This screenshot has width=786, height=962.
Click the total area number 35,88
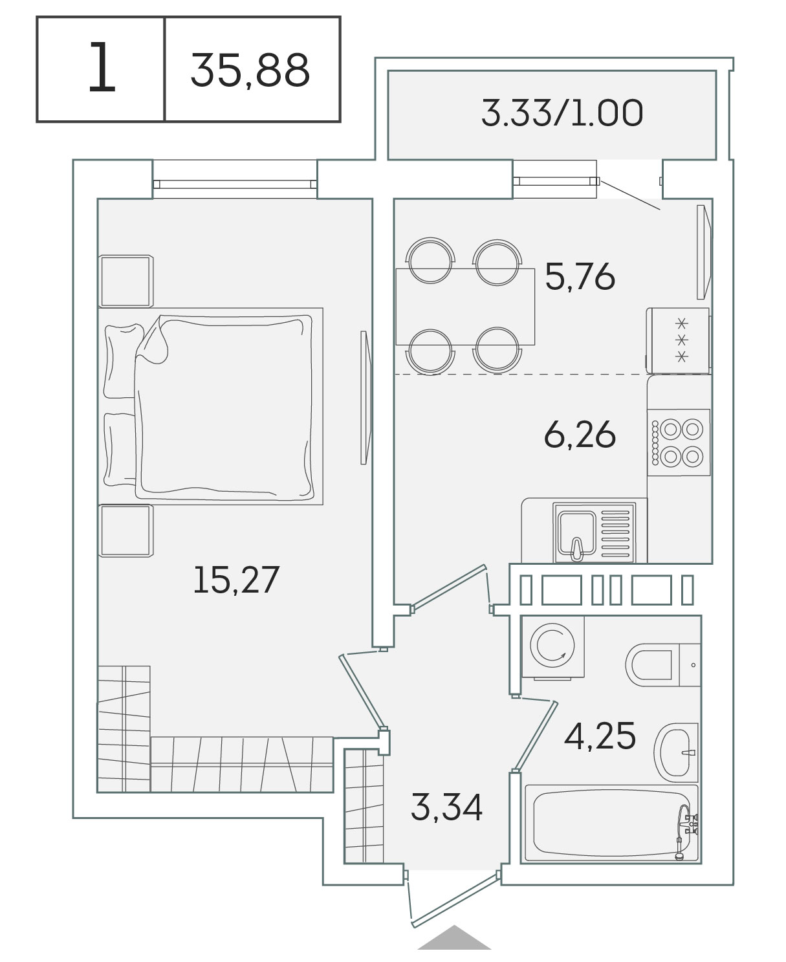pyautogui.click(x=250, y=71)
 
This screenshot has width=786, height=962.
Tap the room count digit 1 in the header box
pyautogui.click(x=102, y=67)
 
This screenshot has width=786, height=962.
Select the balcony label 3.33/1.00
pyautogui.click(x=562, y=113)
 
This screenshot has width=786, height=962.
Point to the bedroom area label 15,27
pyautogui.click(x=236, y=580)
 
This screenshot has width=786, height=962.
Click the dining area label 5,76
pyautogui.click(x=580, y=276)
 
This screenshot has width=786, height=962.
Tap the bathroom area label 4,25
pyautogui.click(x=600, y=736)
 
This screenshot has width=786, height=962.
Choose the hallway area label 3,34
pyautogui.click(x=446, y=807)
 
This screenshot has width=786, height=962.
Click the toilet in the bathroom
pyautogui.click(x=663, y=665)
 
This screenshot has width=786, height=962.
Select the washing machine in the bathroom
pyautogui.click(x=553, y=646)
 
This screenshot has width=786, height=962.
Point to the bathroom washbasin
pyautogui.click(x=676, y=752)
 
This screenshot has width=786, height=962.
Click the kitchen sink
pyautogui.click(x=594, y=533)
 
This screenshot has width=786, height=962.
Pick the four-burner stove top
pyautogui.click(x=679, y=443)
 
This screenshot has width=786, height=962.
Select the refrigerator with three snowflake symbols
pyautogui.click(x=679, y=341)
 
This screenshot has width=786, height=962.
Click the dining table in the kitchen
pyautogui.click(x=465, y=307)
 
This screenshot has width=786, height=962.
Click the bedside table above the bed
pyautogui.click(x=126, y=281)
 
